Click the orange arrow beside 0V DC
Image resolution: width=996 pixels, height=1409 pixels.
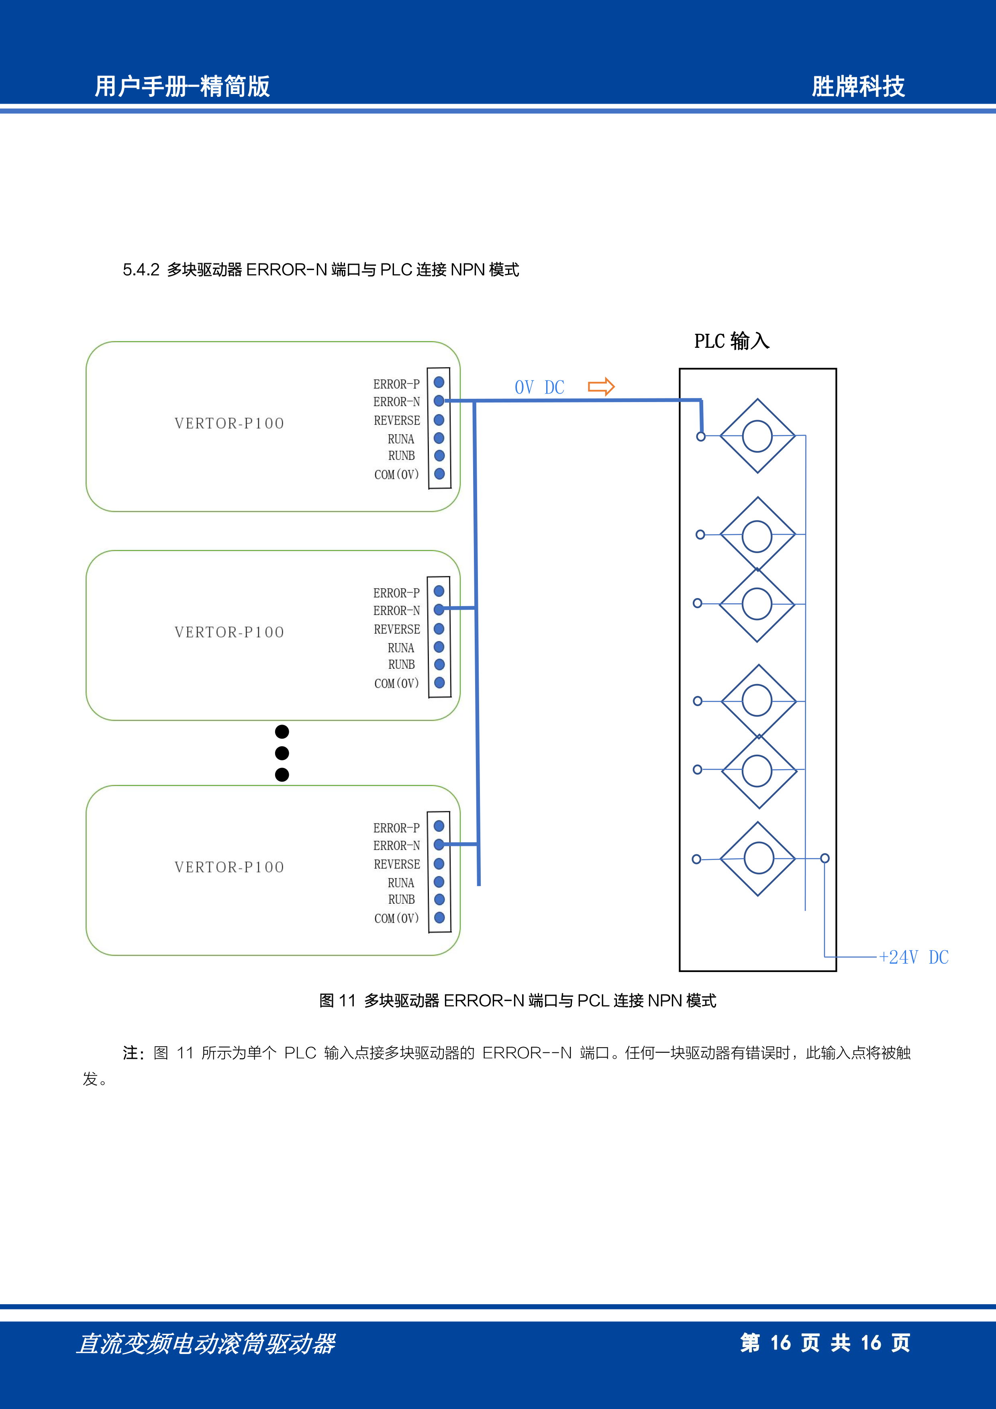[601, 387]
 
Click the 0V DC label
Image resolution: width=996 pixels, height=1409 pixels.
[539, 387]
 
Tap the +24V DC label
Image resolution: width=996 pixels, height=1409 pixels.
[914, 957]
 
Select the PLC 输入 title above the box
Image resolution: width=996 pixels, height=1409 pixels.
[731, 341]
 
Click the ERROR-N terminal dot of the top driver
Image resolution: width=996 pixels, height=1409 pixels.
[439, 401]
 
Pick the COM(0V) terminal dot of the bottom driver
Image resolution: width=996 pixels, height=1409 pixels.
[439, 917]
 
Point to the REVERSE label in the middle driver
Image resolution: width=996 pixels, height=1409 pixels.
[397, 629]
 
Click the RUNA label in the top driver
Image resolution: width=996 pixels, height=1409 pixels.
[401, 439]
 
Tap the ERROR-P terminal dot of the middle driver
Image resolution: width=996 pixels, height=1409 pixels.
[439, 591]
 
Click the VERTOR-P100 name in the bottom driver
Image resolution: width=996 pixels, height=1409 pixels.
[229, 867]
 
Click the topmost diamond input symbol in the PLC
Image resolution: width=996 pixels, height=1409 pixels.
[758, 436]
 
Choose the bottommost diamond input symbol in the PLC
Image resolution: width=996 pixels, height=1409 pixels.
[758, 858]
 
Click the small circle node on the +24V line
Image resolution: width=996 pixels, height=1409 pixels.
[825, 858]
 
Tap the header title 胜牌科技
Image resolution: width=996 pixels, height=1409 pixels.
[858, 86]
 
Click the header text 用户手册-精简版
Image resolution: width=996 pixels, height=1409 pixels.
[182, 86]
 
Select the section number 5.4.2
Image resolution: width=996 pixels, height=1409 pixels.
[141, 270]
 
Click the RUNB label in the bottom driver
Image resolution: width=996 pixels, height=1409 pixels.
[401, 899]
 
